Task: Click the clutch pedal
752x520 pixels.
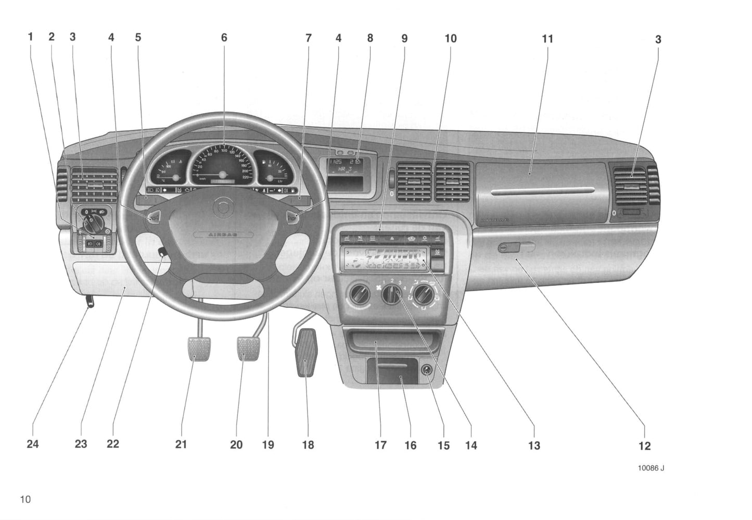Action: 196,349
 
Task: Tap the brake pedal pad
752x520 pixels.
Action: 249,348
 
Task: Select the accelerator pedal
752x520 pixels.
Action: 306,352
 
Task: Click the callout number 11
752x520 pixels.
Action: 547,39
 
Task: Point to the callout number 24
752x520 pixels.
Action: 33,444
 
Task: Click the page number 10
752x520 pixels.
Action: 26,499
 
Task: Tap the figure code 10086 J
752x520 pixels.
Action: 651,468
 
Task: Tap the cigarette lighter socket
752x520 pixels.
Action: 427,370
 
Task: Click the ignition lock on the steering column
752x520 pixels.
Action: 163,253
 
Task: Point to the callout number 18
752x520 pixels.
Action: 308,445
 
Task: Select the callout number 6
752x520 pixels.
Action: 224,38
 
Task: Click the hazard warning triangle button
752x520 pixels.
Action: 390,238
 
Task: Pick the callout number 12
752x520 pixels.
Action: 644,446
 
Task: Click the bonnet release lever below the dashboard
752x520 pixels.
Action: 90,302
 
